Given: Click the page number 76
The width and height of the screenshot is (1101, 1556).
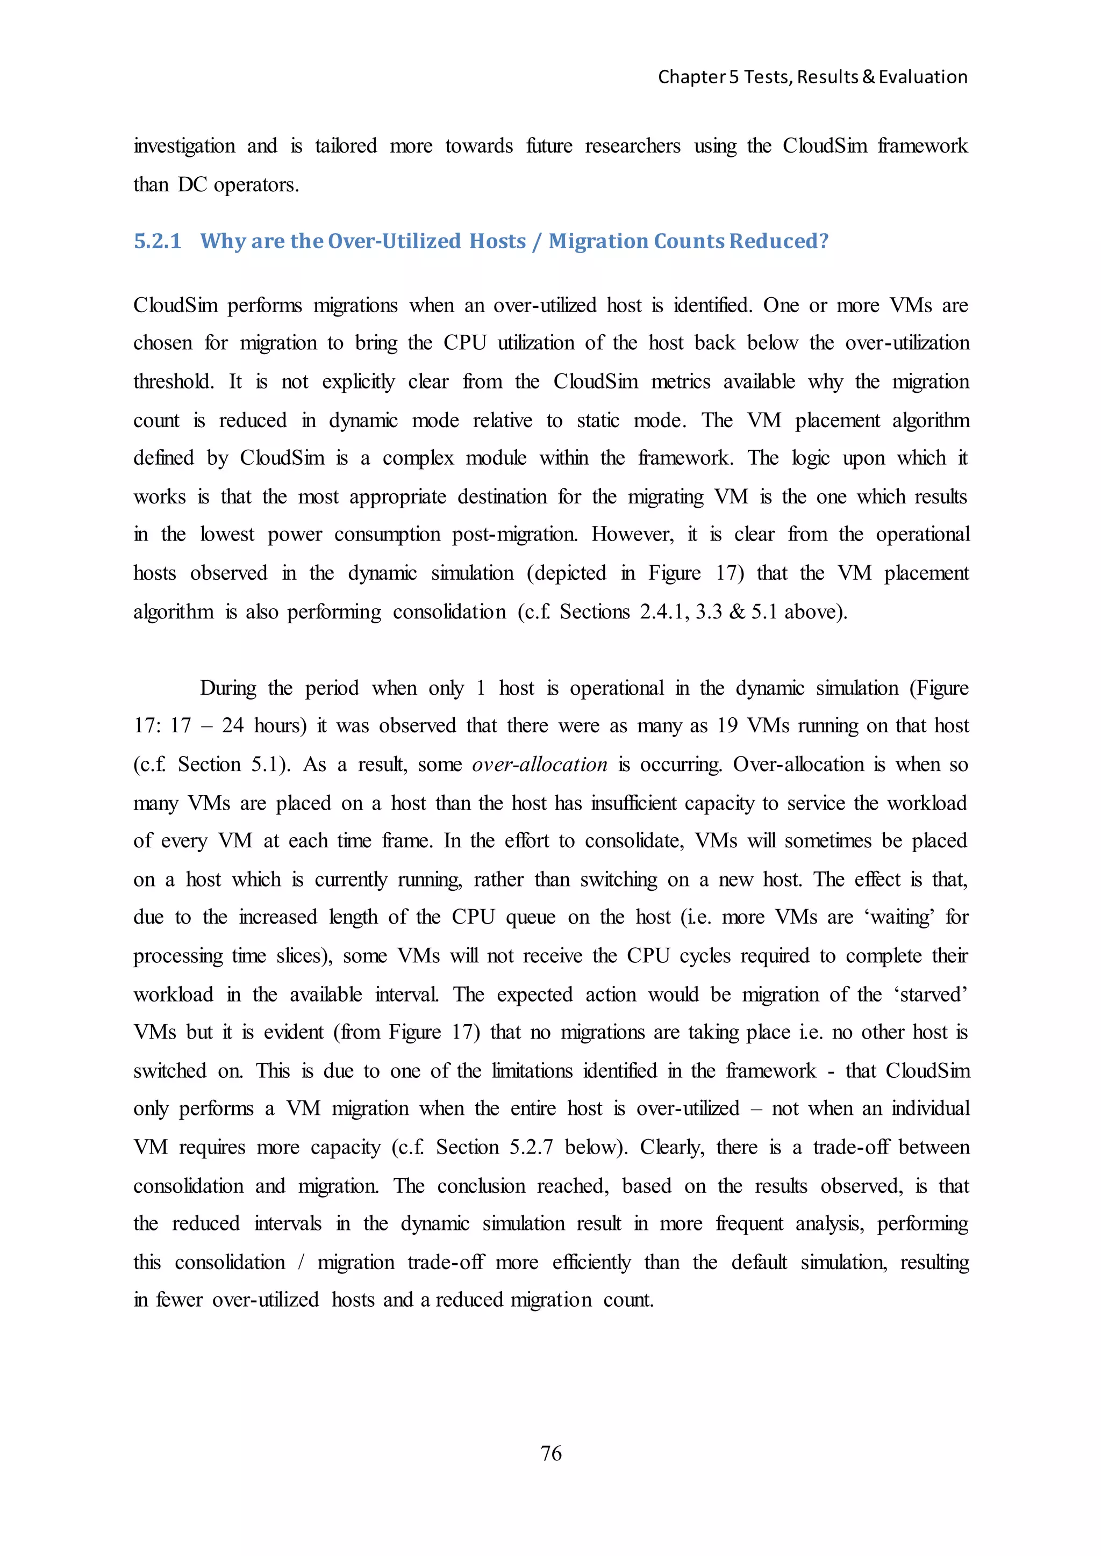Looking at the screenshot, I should tap(550, 1453).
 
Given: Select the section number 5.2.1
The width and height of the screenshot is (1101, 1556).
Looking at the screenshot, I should tap(158, 241).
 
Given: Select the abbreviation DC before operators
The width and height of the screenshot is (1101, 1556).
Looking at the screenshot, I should tap(192, 185).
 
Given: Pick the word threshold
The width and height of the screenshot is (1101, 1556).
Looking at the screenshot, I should tap(174, 382).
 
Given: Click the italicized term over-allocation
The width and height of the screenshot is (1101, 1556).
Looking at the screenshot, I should tap(540, 765).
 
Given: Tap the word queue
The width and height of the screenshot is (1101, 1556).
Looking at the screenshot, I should tap(532, 918).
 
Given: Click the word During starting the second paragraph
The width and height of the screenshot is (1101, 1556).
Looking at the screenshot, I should tap(228, 689).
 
